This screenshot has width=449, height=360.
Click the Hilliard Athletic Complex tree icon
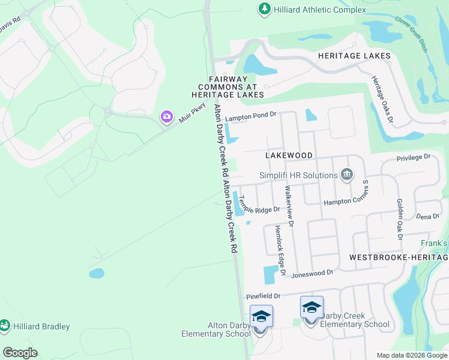click(264, 9)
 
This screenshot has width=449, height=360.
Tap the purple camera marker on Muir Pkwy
click(166, 116)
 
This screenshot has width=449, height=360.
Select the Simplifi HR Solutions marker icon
click(346, 175)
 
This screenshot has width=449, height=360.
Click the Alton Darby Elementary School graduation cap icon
click(262, 316)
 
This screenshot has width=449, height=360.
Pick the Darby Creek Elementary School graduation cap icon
click(312, 307)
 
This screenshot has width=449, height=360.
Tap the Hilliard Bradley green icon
click(5, 326)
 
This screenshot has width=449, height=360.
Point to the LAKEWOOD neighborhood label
click(289, 155)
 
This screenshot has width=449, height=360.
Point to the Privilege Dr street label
click(414, 157)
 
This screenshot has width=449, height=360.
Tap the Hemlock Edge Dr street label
click(279, 251)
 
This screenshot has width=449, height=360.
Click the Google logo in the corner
click(20, 353)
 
